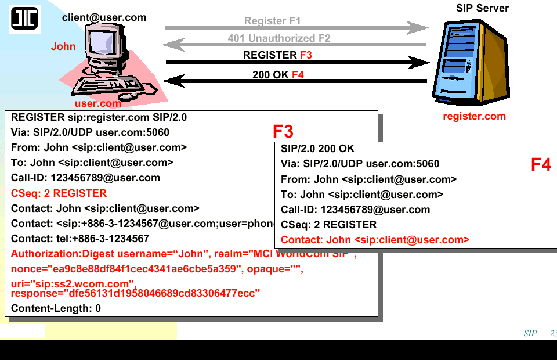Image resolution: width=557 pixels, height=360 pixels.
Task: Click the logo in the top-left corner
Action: point(24,19)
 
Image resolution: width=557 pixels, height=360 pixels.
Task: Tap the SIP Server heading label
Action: point(482,8)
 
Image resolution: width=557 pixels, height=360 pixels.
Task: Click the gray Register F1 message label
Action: point(272,21)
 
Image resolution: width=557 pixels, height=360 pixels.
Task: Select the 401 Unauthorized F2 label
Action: point(279,38)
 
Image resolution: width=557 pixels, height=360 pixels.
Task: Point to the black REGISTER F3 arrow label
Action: point(277,55)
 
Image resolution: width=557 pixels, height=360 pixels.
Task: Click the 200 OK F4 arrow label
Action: point(278,75)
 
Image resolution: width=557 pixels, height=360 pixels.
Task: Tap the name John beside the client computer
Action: point(63,46)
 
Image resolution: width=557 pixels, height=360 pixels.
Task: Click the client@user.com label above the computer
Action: point(104,17)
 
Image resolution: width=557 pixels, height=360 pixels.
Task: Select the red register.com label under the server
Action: point(474,116)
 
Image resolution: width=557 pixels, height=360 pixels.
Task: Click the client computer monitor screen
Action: point(103,44)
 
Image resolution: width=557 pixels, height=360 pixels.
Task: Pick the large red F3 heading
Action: point(283,131)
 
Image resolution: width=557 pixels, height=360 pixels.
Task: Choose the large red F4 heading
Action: point(541,165)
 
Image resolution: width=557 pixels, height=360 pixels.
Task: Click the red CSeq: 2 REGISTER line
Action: point(59,193)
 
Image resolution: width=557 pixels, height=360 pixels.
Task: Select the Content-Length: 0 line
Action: point(56,308)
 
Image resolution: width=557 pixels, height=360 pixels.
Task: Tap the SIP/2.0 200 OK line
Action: point(317,149)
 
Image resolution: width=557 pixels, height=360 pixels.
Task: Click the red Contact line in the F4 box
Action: point(375,240)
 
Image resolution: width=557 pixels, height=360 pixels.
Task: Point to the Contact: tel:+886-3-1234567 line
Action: point(80,239)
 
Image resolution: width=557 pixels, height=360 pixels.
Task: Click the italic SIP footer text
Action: point(530,333)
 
